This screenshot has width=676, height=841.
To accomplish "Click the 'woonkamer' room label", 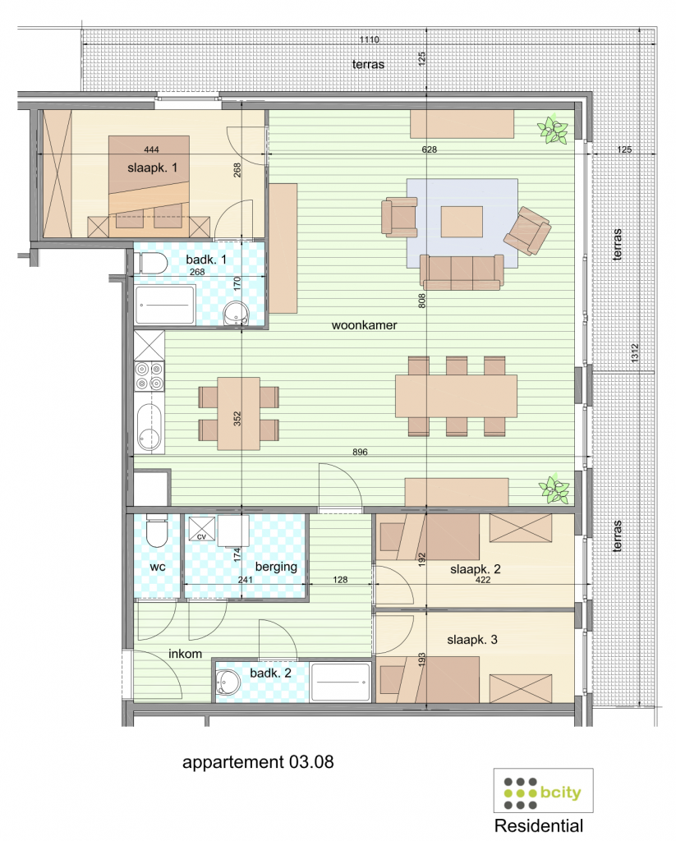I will tap(364, 325).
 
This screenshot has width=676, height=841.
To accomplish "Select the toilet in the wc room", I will tap(154, 532).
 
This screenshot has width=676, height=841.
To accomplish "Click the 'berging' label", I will tap(275, 567).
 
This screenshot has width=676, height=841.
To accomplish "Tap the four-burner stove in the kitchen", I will tap(149, 376).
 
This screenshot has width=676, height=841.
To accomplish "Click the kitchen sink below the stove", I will tap(149, 427).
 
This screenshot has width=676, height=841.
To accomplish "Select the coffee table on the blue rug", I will tap(462, 221).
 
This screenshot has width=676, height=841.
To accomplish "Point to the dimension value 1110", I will tap(378, 39).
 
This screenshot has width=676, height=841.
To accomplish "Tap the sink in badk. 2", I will tap(227, 681).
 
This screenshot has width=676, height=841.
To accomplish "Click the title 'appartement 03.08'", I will tap(258, 762).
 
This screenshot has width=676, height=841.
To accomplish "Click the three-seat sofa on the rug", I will tap(461, 271).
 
